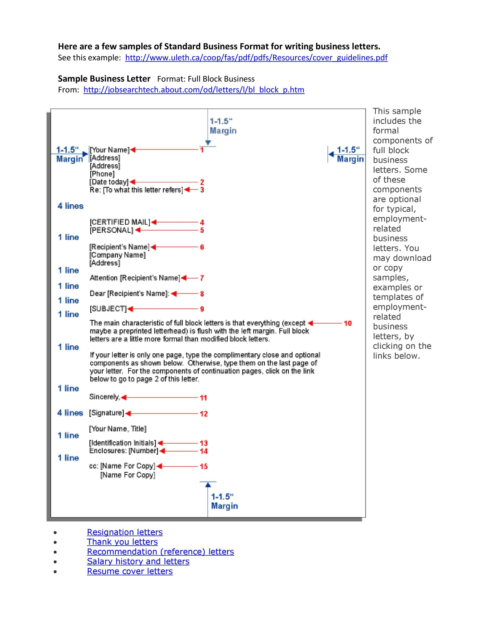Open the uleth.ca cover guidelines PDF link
[x=256, y=58]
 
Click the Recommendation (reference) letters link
[x=160, y=551]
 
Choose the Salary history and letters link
[x=138, y=561]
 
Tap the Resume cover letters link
[x=130, y=571]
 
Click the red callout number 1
[x=202, y=150]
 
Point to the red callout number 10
[x=348, y=323]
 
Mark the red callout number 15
[x=204, y=466]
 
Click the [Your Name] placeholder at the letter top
[x=109, y=150]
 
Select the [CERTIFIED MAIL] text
[x=120, y=222]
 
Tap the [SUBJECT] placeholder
[x=108, y=309]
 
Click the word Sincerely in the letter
[x=104, y=397]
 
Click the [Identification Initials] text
[x=123, y=443]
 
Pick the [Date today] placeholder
[x=109, y=182]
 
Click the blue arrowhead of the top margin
[x=208, y=143]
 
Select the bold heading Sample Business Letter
[x=104, y=79]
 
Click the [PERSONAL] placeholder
[x=111, y=230]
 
